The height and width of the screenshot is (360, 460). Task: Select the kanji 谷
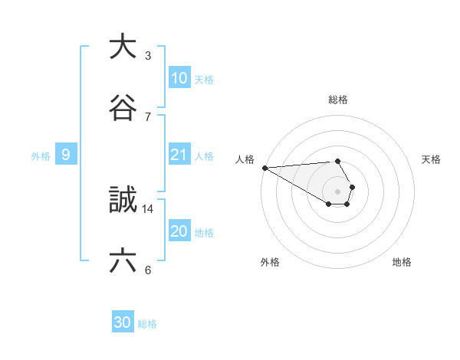(123, 108)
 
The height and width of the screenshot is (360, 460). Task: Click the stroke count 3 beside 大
(147, 55)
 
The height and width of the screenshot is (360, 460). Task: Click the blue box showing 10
(179, 78)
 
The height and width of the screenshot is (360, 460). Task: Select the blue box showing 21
(179, 155)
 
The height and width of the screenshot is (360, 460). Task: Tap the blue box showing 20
(179, 231)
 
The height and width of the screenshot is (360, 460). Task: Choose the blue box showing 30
(123, 322)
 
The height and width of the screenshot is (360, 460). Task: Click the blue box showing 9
(66, 155)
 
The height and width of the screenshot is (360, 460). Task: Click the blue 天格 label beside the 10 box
(203, 80)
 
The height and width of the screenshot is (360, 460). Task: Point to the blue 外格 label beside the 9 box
(41, 156)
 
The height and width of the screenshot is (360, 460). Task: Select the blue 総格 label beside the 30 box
(146, 324)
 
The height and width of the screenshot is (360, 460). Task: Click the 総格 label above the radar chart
(338, 100)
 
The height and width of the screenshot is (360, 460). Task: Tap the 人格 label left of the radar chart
(245, 159)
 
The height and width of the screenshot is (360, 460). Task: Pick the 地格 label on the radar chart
(402, 262)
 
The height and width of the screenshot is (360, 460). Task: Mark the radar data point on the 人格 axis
(264, 168)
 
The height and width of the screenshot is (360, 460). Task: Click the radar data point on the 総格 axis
(338, 161)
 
